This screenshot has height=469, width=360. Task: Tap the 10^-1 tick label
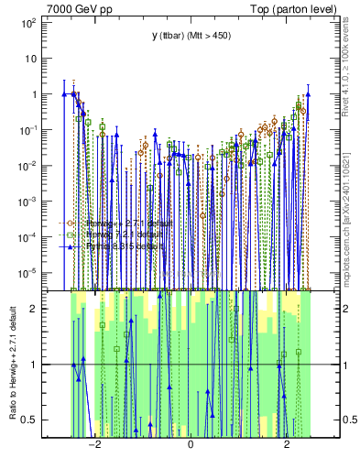coord(29,129)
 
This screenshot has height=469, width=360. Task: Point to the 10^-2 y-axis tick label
coord(29,165)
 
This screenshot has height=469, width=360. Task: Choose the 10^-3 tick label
coord(29,201)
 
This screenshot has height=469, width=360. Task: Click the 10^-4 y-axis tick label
coord(29,236)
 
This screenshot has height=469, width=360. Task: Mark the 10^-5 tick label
coord(29,272)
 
